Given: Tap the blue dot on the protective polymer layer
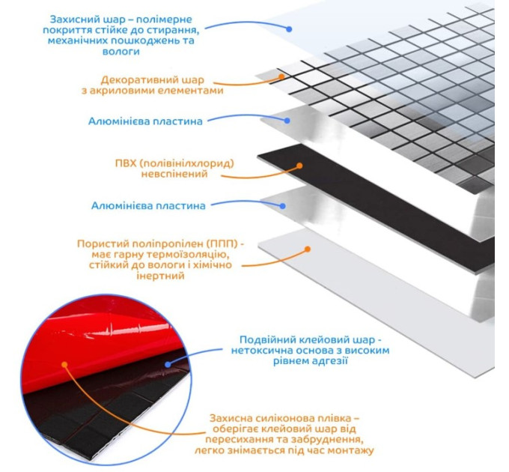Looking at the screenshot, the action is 289,29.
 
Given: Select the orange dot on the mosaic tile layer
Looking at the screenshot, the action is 281,76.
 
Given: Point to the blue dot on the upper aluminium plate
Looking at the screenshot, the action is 287,121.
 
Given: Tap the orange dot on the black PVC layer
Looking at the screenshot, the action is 299,166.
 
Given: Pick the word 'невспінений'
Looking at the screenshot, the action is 174,174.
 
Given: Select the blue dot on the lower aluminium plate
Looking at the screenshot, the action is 283,206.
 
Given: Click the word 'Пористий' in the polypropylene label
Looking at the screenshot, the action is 100,243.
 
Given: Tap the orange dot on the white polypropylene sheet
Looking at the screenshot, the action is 308,249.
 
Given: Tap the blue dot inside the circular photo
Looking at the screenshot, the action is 168,364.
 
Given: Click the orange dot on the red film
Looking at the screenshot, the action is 64,364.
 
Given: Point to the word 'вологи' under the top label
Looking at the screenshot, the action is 121,52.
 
